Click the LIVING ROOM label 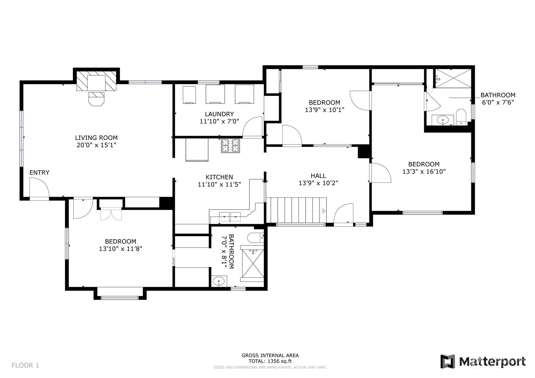(x=96, y=138)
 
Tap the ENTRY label (x=39, y=172)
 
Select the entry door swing (x=40, y=188)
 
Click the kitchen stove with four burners (x=230, y=146)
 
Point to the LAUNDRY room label (x=219, y=114)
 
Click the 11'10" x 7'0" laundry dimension (x=219, y=121)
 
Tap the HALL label (x=318, y=176)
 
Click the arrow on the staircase (x=316, y=211)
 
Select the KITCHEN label (x=219, y=177)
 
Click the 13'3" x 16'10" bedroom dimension (x=424, y=171)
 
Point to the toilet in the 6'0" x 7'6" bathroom (x=461, y=117)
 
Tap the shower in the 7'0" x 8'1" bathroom (x=252, y=263)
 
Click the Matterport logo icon (x=448, y=361)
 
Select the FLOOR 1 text (x=25, y=365)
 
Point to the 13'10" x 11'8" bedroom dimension (x=121, y=249)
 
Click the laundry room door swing (x=253, y=127)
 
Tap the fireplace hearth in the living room (x=96, y=99)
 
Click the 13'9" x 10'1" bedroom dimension (x=325, y=110)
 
